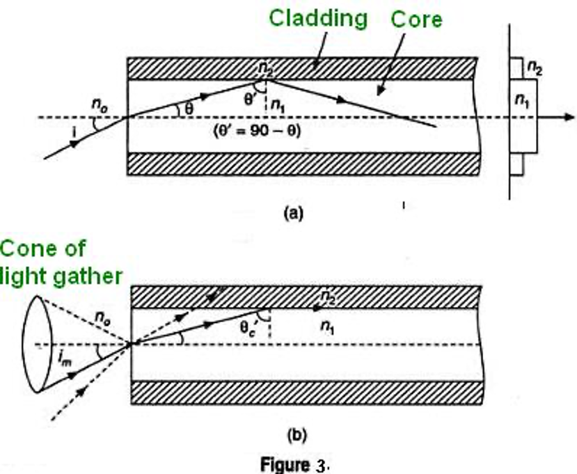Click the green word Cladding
pyautogui.click(x=318, y=19)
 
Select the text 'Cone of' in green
pyautogui.click(x=43, y=248)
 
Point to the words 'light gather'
pyautogui.click(x=61, y=276)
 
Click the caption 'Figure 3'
pyautogui.click(x=293, y=464)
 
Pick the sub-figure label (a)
pyautogui.click(x=294, y=213)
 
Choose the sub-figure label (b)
pyautogui.click(x=297, y=435)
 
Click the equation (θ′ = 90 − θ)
pyautogui.click(x=258, y=131)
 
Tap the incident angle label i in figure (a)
pyautogui.click(x=74, y=132)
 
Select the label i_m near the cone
pyautogui.click(x=65, y=358)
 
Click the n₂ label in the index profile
pyautogui.click(x=535, y=68)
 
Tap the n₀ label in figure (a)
pyautogui.click(x=100, y=105)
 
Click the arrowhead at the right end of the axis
pyautogui.click(x=569, y=118)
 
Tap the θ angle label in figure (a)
pyautogui.click(x=189, y=109)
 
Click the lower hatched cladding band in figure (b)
pyautogui.click(x=306, y=393)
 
